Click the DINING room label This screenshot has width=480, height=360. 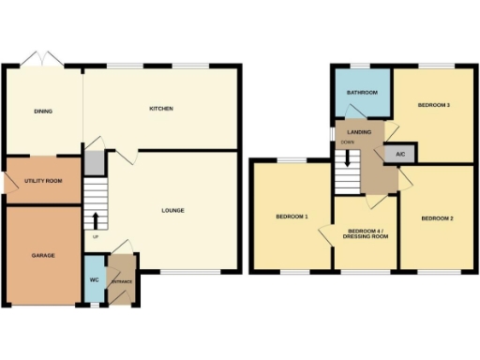click(x=43, y=112)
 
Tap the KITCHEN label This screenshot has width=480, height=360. click(x=161, y=110)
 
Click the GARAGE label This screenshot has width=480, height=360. click(x=42, y=254)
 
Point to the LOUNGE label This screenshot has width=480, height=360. click(x=172, y=210)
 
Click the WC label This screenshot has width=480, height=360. click(x=94, y=280)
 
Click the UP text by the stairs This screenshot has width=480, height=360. click(x=96, y=235)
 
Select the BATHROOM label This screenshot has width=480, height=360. click(x=361, y=93)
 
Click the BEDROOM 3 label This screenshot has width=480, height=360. click(x=435, y=104)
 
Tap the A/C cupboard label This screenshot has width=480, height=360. click(x=399, y=153)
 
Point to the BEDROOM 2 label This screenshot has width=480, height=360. click(x=437, y=218)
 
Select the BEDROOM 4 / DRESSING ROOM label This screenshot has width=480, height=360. click(x=367, y=232)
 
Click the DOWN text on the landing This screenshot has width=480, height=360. click(x=347, y=142)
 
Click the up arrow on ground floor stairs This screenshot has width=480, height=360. click(x=96, y=220)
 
